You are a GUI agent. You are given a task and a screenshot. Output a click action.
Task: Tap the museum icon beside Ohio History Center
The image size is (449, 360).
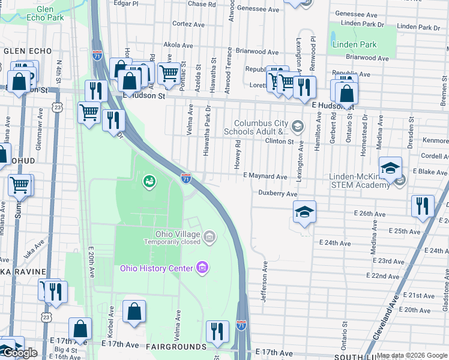tap(202, 267)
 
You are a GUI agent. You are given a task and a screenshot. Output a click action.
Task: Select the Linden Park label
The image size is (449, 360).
tap(354, 45)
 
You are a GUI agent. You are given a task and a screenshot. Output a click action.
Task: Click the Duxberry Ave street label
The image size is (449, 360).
tap(278, 194)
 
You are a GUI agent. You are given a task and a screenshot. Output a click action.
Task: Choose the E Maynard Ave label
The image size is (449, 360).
tap(265, 177)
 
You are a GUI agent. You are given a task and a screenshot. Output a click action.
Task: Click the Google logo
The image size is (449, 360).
tap(20, 353)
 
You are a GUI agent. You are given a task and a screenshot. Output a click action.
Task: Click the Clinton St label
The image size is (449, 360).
tap(280, 142)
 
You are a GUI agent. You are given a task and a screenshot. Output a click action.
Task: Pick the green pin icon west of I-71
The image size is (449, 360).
tap(148, 180)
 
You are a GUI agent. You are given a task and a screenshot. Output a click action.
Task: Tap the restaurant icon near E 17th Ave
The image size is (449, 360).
tap(217, 331)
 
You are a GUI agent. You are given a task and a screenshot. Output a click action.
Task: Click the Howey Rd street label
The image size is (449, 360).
tap(238, 154)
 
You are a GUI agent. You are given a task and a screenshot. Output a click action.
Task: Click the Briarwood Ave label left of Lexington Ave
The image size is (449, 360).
tap(257, 52)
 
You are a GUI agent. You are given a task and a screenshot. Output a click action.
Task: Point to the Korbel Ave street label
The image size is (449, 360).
tap(111, 319)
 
